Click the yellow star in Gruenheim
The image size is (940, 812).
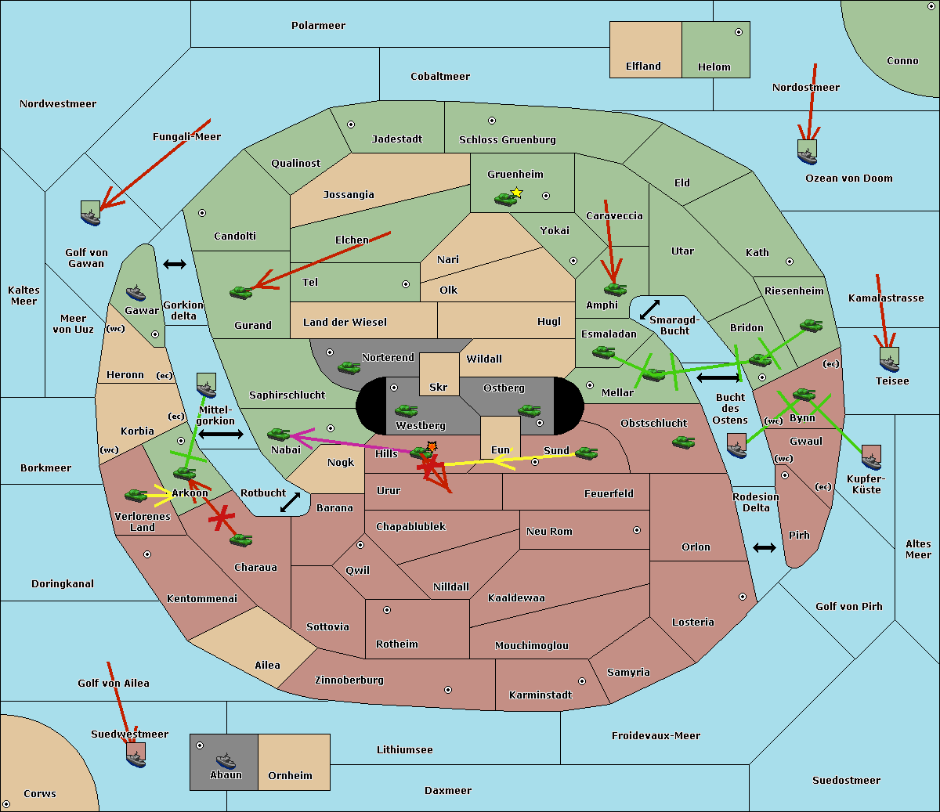pos(516,192)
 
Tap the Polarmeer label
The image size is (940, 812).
pos(318,26)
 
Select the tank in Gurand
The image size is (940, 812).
pos(240,292)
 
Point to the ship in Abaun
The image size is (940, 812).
pos(226,760)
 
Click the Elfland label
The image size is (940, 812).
pos(643,67)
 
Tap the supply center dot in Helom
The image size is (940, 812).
pos(738,32)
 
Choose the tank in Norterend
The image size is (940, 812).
pos(349,367)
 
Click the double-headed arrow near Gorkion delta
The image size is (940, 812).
pos(174,265)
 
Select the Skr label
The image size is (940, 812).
pos(438,387)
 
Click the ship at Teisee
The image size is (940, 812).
pos(889,361)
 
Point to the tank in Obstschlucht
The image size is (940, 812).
pos(683,442)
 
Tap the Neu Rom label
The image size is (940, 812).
pos(549,531)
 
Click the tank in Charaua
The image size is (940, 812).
pos(240,540)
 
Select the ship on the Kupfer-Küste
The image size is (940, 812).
pos(871,457)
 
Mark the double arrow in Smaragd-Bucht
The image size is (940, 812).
pos(650,310)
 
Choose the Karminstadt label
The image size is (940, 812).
pos(540,695)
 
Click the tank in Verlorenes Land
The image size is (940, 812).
pos(136,495)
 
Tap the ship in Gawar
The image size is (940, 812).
pos(136,294)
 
